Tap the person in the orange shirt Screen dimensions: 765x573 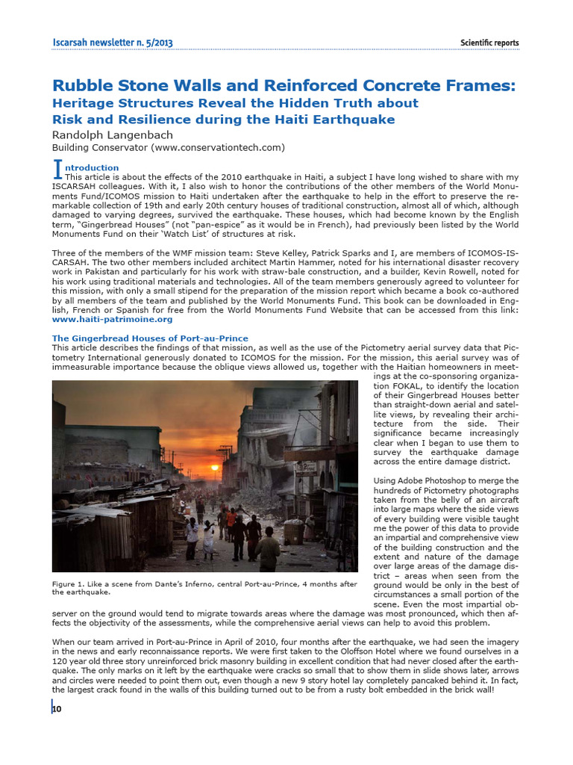pyautogui.click(x=231, y=517)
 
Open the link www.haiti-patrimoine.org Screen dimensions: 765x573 pyautogui.click(x=112, y=319)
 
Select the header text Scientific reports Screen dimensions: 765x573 pyautogui.click(x=489, y=43)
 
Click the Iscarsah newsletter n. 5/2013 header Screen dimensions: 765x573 pyautogui.click(x=113, y=43)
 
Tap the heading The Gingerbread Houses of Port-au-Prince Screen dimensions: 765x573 pyautogui.click(x=150, y=338)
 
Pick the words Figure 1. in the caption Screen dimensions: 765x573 pyautogui.click(x=69, y=583)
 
